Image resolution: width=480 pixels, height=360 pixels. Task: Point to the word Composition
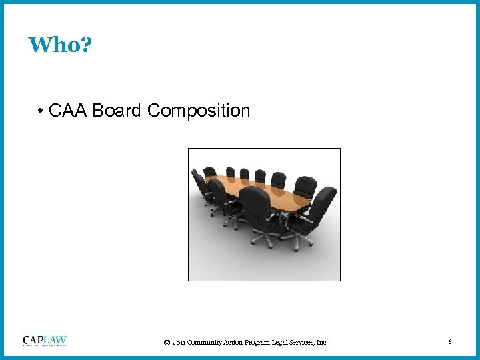[x=199, y=111]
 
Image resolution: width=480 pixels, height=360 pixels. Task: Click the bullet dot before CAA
[x=41, y=111]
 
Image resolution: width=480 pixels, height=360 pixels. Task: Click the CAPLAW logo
[x=45, y=340]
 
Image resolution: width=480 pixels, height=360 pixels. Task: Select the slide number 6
[x=450, y=342]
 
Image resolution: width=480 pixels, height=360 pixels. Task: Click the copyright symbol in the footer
[x=166, y=343]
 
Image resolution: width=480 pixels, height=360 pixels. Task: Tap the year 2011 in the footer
[x=178, y=343]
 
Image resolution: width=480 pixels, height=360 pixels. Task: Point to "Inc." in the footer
[x=321, y=343]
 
